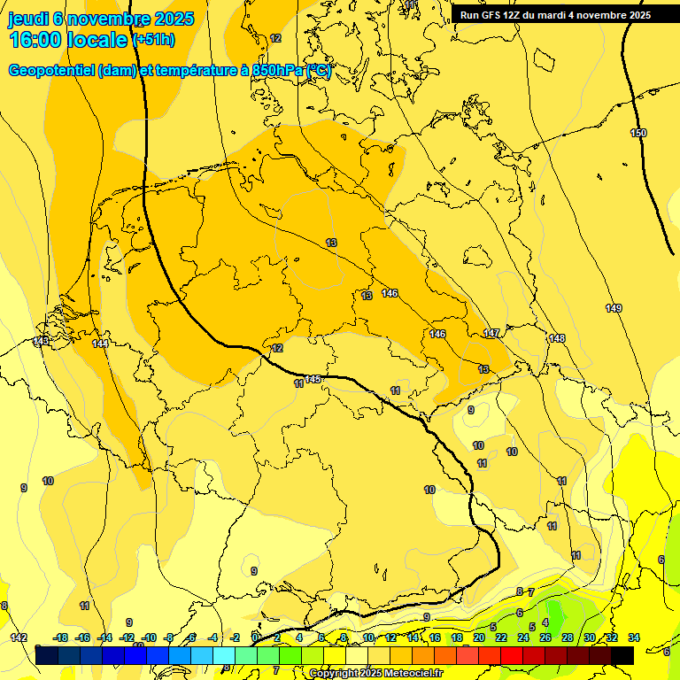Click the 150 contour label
point(638,133)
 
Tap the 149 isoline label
point(614,308)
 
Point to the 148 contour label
point(556,338)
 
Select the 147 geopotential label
point(491,333)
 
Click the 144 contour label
point(100,344)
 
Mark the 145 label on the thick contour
point(313,379)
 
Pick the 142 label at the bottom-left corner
point(19,637)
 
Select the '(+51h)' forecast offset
point(152,41)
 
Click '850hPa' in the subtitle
point(276,71)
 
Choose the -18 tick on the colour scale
point(61,637)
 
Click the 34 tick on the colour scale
point(634,637)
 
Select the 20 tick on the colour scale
point(479,637)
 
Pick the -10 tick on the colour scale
point(149,637)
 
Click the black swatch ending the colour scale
point(622,655)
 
